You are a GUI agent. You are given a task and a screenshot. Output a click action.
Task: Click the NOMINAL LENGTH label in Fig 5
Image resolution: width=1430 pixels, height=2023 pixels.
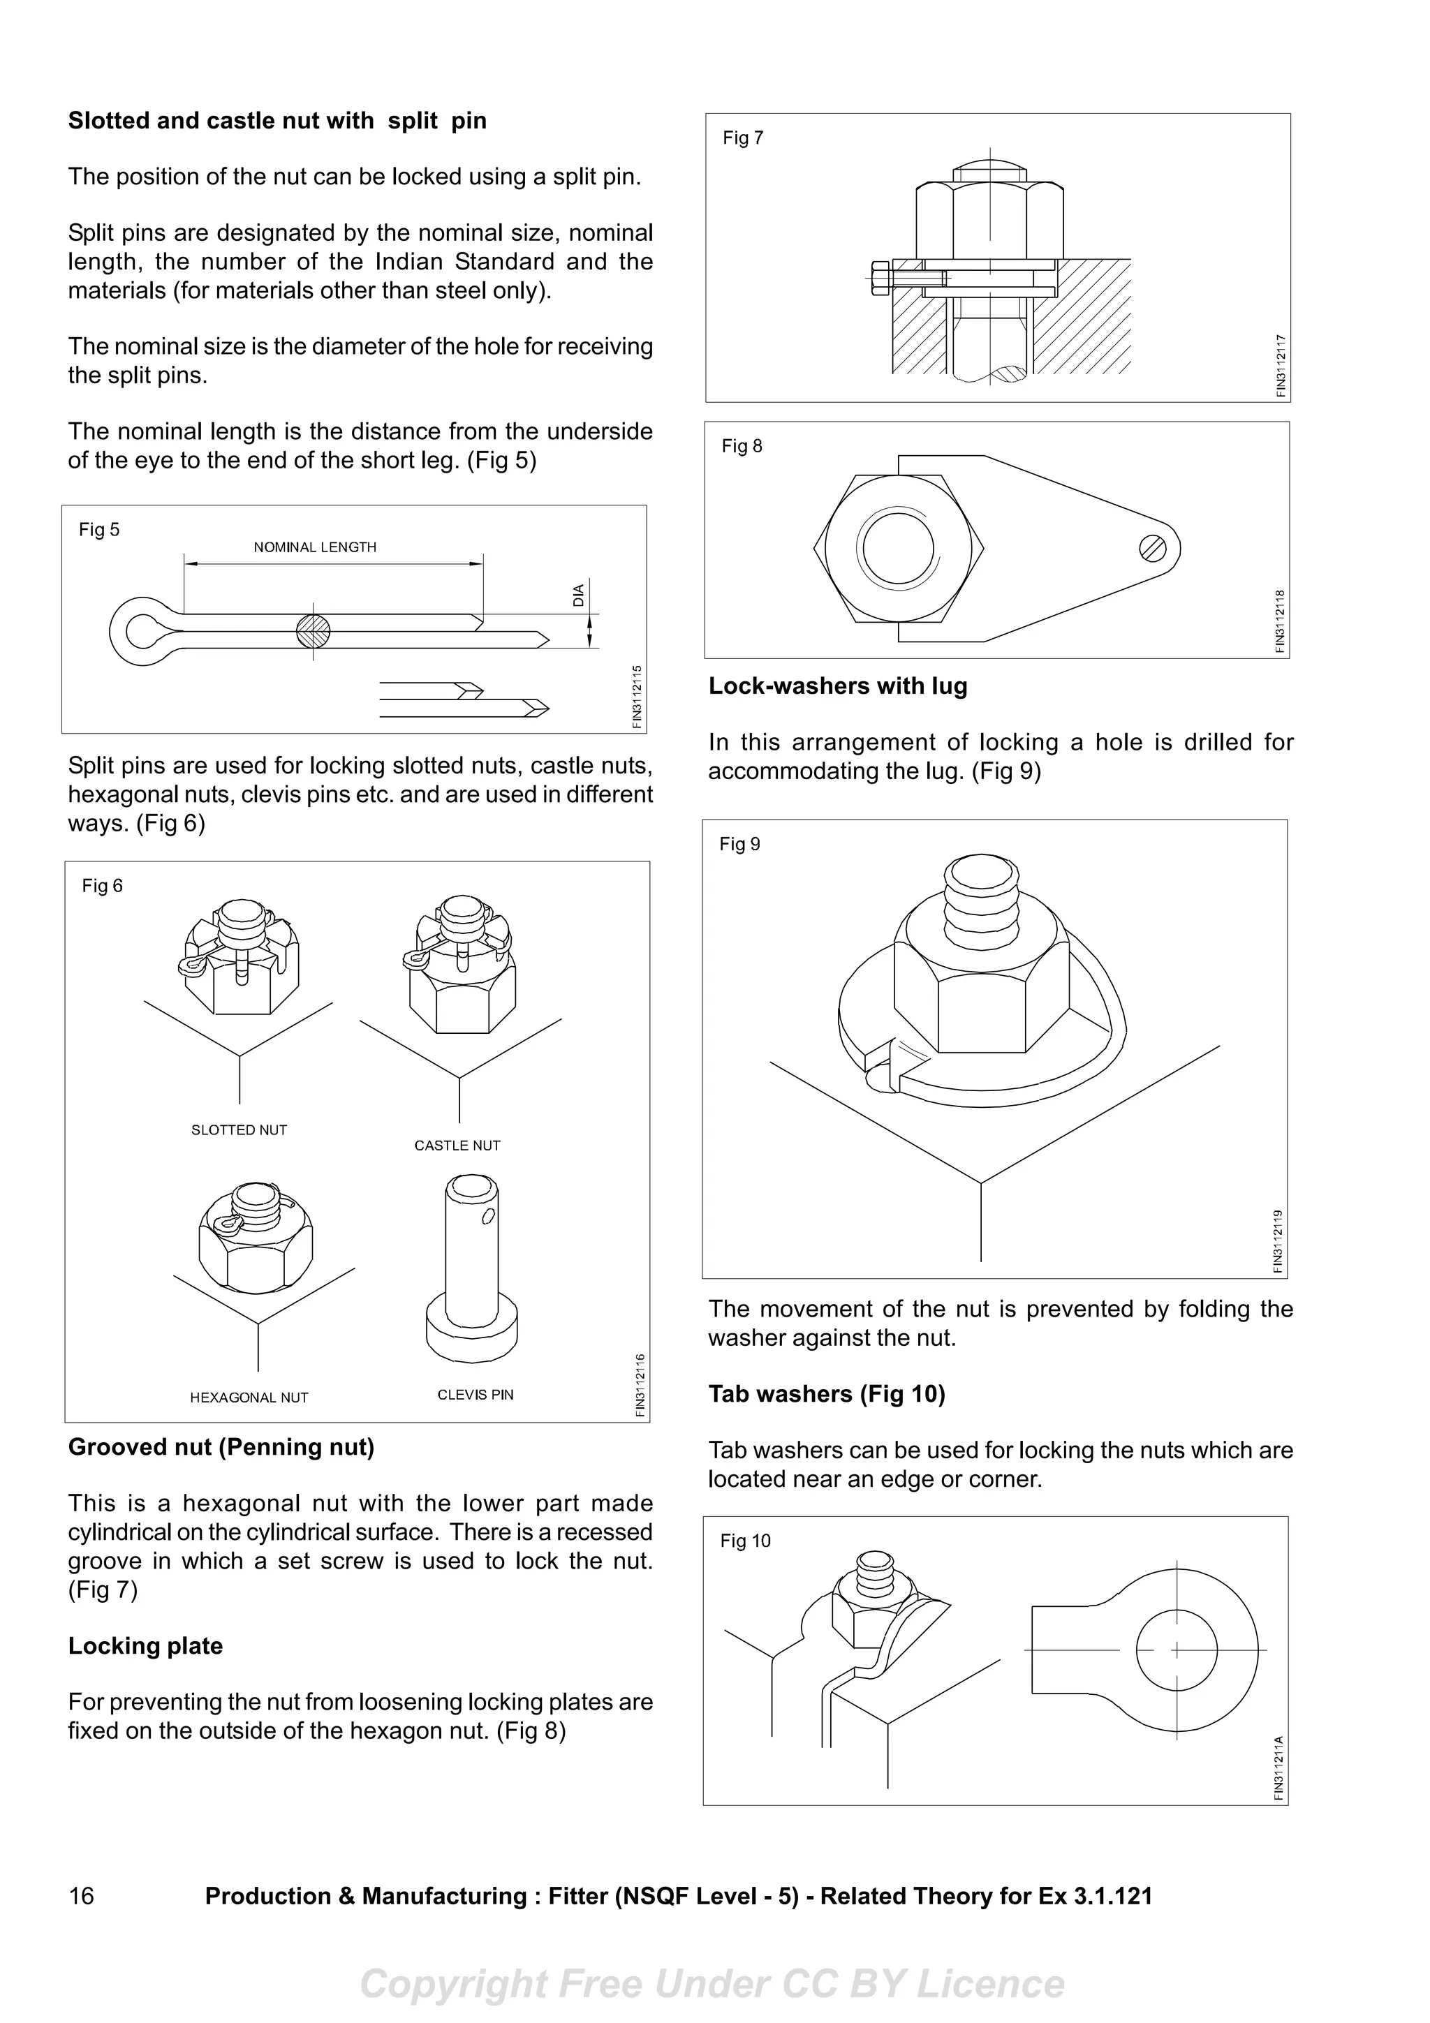tap(314, 547)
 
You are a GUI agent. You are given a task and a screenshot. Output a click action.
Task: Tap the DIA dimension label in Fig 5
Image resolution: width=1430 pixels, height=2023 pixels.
tap(579, 595)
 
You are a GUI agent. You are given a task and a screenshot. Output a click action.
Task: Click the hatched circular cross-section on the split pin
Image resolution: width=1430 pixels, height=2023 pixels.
tap(313, 631)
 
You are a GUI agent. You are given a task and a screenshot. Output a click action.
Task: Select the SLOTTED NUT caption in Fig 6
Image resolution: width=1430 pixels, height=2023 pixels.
tap(239, 1129)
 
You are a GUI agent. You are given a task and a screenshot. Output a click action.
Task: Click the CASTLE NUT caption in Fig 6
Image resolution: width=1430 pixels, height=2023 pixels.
tap(457, 1146)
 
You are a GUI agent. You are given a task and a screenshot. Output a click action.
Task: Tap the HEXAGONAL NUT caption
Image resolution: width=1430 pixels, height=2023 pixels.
tap(249, 1398)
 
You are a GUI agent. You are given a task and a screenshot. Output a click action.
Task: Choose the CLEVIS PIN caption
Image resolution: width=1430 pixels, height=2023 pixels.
tap(475, 1395)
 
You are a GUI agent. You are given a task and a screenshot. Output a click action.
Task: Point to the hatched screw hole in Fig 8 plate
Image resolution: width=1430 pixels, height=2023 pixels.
tap(1153, 549)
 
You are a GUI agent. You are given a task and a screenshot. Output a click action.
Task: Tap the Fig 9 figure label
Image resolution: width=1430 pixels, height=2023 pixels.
tap(739, 844)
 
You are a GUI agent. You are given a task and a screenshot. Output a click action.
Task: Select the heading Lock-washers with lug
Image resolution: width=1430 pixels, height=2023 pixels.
tap(837, 686)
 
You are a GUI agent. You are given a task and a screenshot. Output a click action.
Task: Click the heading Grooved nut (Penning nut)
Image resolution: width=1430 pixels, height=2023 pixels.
tap(221, 1447)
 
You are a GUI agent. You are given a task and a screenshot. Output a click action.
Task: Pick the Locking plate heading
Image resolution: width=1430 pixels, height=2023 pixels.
tap(145, 1646)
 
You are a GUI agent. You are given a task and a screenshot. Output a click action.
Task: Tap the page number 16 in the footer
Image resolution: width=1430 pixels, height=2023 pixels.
tap(81, 1895)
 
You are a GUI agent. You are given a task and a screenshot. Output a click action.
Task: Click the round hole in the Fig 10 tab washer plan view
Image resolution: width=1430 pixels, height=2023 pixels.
tap(1177, 1650)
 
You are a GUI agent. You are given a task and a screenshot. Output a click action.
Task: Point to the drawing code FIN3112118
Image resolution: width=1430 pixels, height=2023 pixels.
tap(1280, 621)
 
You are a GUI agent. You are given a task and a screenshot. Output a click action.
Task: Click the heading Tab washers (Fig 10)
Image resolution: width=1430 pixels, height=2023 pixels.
tap(827, 1394)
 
